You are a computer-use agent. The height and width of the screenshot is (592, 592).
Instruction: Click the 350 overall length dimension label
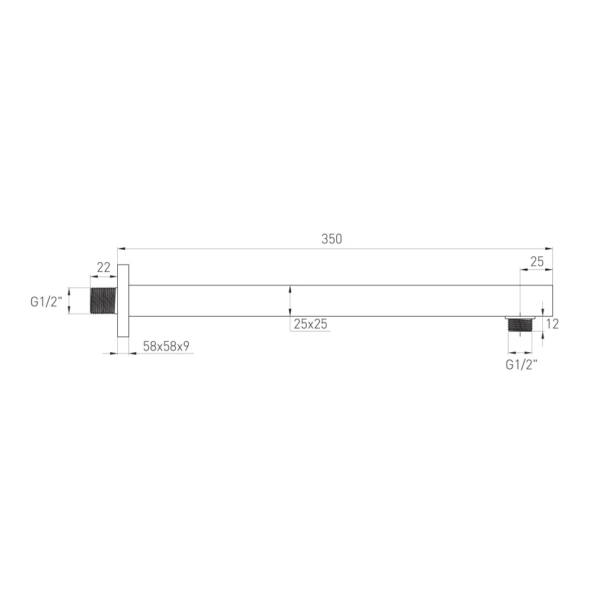pyautogui.click(x=332, y=239)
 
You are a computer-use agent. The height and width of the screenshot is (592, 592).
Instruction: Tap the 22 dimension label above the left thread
pyautogui.click(x=104, y=268)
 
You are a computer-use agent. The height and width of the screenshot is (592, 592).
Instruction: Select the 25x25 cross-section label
pyautogui.click(x=310, y=324)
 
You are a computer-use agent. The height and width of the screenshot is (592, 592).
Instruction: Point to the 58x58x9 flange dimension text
pyautogui.click(x=166, y=346)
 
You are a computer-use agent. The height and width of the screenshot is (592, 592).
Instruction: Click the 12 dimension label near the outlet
pyautogui.click(x=552, y=324)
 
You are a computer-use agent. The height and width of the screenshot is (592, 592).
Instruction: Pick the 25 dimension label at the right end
pyautogui.click(x=537, y=262)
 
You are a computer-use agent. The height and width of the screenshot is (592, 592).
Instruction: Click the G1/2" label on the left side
pyautogui.click(x=46, y=302)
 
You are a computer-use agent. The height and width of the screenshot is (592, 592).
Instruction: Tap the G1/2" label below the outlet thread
pyautogui.click(x=522, y=365)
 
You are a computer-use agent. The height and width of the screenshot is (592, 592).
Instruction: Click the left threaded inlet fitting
pyautogui.click(x=104, y=301)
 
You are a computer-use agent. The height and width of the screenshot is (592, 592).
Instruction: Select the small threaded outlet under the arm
pyautogui.click(x=520, y=324)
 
